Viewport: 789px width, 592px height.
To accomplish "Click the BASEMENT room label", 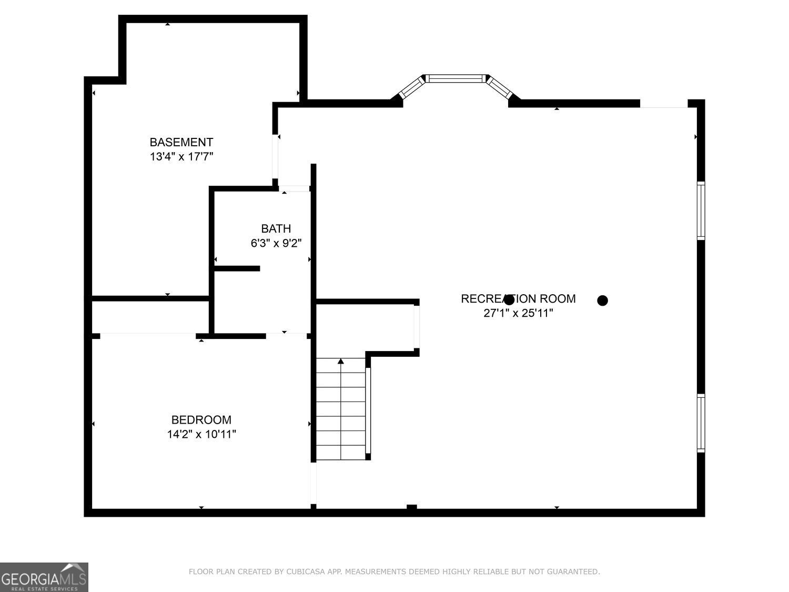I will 181,142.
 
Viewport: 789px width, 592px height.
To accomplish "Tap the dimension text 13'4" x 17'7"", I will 181,157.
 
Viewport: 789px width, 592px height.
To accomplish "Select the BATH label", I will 276,228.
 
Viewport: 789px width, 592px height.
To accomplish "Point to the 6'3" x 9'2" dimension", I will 276,243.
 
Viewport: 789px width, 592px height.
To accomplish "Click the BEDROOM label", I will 201,420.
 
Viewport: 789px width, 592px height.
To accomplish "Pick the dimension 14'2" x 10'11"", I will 201,435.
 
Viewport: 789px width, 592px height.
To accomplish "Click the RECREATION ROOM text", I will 518,299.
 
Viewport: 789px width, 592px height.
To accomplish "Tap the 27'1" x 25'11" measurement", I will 518,314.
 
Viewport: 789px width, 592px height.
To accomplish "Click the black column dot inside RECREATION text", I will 509,300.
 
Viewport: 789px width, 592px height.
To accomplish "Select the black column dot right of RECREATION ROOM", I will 603,300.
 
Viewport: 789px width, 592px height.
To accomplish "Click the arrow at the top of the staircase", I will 341,362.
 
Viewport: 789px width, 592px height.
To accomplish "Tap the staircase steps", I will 341,416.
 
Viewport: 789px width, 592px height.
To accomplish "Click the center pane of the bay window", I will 455,79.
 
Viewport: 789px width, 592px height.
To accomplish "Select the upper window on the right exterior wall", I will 701,210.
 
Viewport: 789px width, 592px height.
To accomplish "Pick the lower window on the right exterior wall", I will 701,423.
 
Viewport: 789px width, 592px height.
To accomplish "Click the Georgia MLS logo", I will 44,577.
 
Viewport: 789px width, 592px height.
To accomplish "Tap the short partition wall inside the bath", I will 237,269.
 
